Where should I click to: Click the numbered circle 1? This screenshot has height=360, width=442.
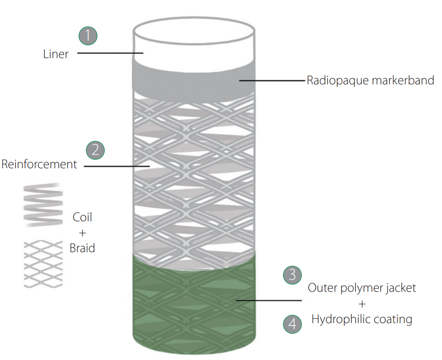[88, 36]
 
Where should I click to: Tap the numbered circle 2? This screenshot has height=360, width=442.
[95, 149]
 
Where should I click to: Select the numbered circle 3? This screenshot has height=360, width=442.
[292, 275]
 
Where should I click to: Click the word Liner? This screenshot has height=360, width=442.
[56, 54]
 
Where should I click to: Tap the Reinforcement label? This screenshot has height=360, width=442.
[39, 164]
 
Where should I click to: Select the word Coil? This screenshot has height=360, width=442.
[83, 217]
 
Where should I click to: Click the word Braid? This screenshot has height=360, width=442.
[83, 248]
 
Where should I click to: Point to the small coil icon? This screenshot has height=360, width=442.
[42, 205]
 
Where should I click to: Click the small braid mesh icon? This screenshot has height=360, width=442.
[43, 264]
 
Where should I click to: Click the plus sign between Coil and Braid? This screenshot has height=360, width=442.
[83, 233]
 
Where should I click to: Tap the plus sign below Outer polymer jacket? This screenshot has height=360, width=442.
[361, 304]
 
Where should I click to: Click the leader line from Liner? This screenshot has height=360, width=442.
[111, 53]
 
